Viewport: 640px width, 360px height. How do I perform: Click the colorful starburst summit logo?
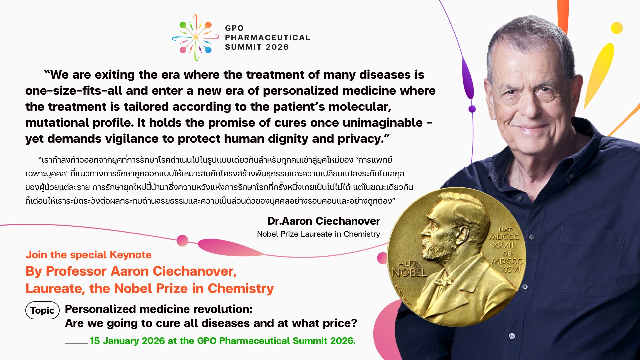click(x=196, y=37)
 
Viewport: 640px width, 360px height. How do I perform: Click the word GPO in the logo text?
click(x=234, y=28)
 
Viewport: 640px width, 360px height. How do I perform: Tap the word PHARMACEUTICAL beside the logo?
click(x=267, y=38)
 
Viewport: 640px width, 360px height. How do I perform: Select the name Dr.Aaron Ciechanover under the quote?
click(x=324, y=221)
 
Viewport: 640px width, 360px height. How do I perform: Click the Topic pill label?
click(x=42, y=310)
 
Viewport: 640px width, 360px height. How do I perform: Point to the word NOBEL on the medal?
click(x=409, y=273)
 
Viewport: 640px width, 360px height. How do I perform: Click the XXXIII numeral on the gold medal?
click(x=504, y=245)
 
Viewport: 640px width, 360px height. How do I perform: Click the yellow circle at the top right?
click(x=617, y=28)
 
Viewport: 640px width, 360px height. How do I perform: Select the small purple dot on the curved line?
click(x=472, y=109)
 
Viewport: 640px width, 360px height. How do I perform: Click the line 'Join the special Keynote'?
click(x=88, y=255)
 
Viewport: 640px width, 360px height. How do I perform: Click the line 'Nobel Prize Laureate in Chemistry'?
click(x=318, y=234)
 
